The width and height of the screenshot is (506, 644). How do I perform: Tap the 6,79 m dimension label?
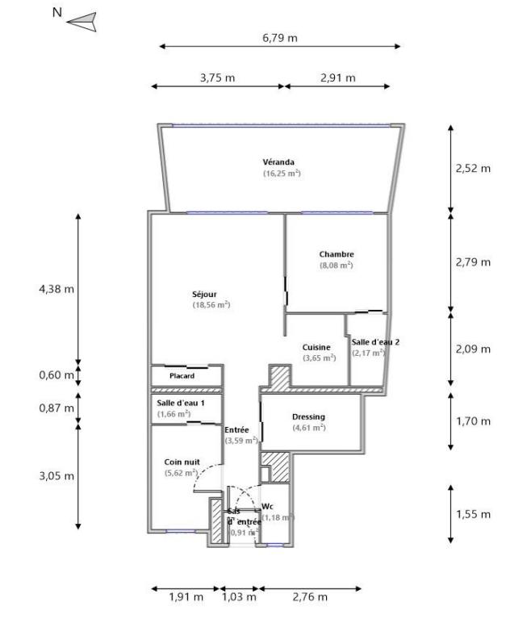[279, 38]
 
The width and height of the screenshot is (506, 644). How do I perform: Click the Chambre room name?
[337, 254]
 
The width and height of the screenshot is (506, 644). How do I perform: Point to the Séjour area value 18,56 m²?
[211, 305]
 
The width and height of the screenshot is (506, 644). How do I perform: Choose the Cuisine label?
[317, 347]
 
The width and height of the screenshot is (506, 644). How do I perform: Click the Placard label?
[182, 376]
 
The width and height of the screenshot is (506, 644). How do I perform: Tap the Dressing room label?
[307, 416]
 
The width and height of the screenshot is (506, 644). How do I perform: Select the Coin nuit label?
[181, 462]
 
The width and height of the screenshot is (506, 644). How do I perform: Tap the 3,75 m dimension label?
[217, 78]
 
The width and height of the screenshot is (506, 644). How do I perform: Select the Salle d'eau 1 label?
[181, 403]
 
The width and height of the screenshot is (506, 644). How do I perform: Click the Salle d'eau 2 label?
[375, 342]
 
